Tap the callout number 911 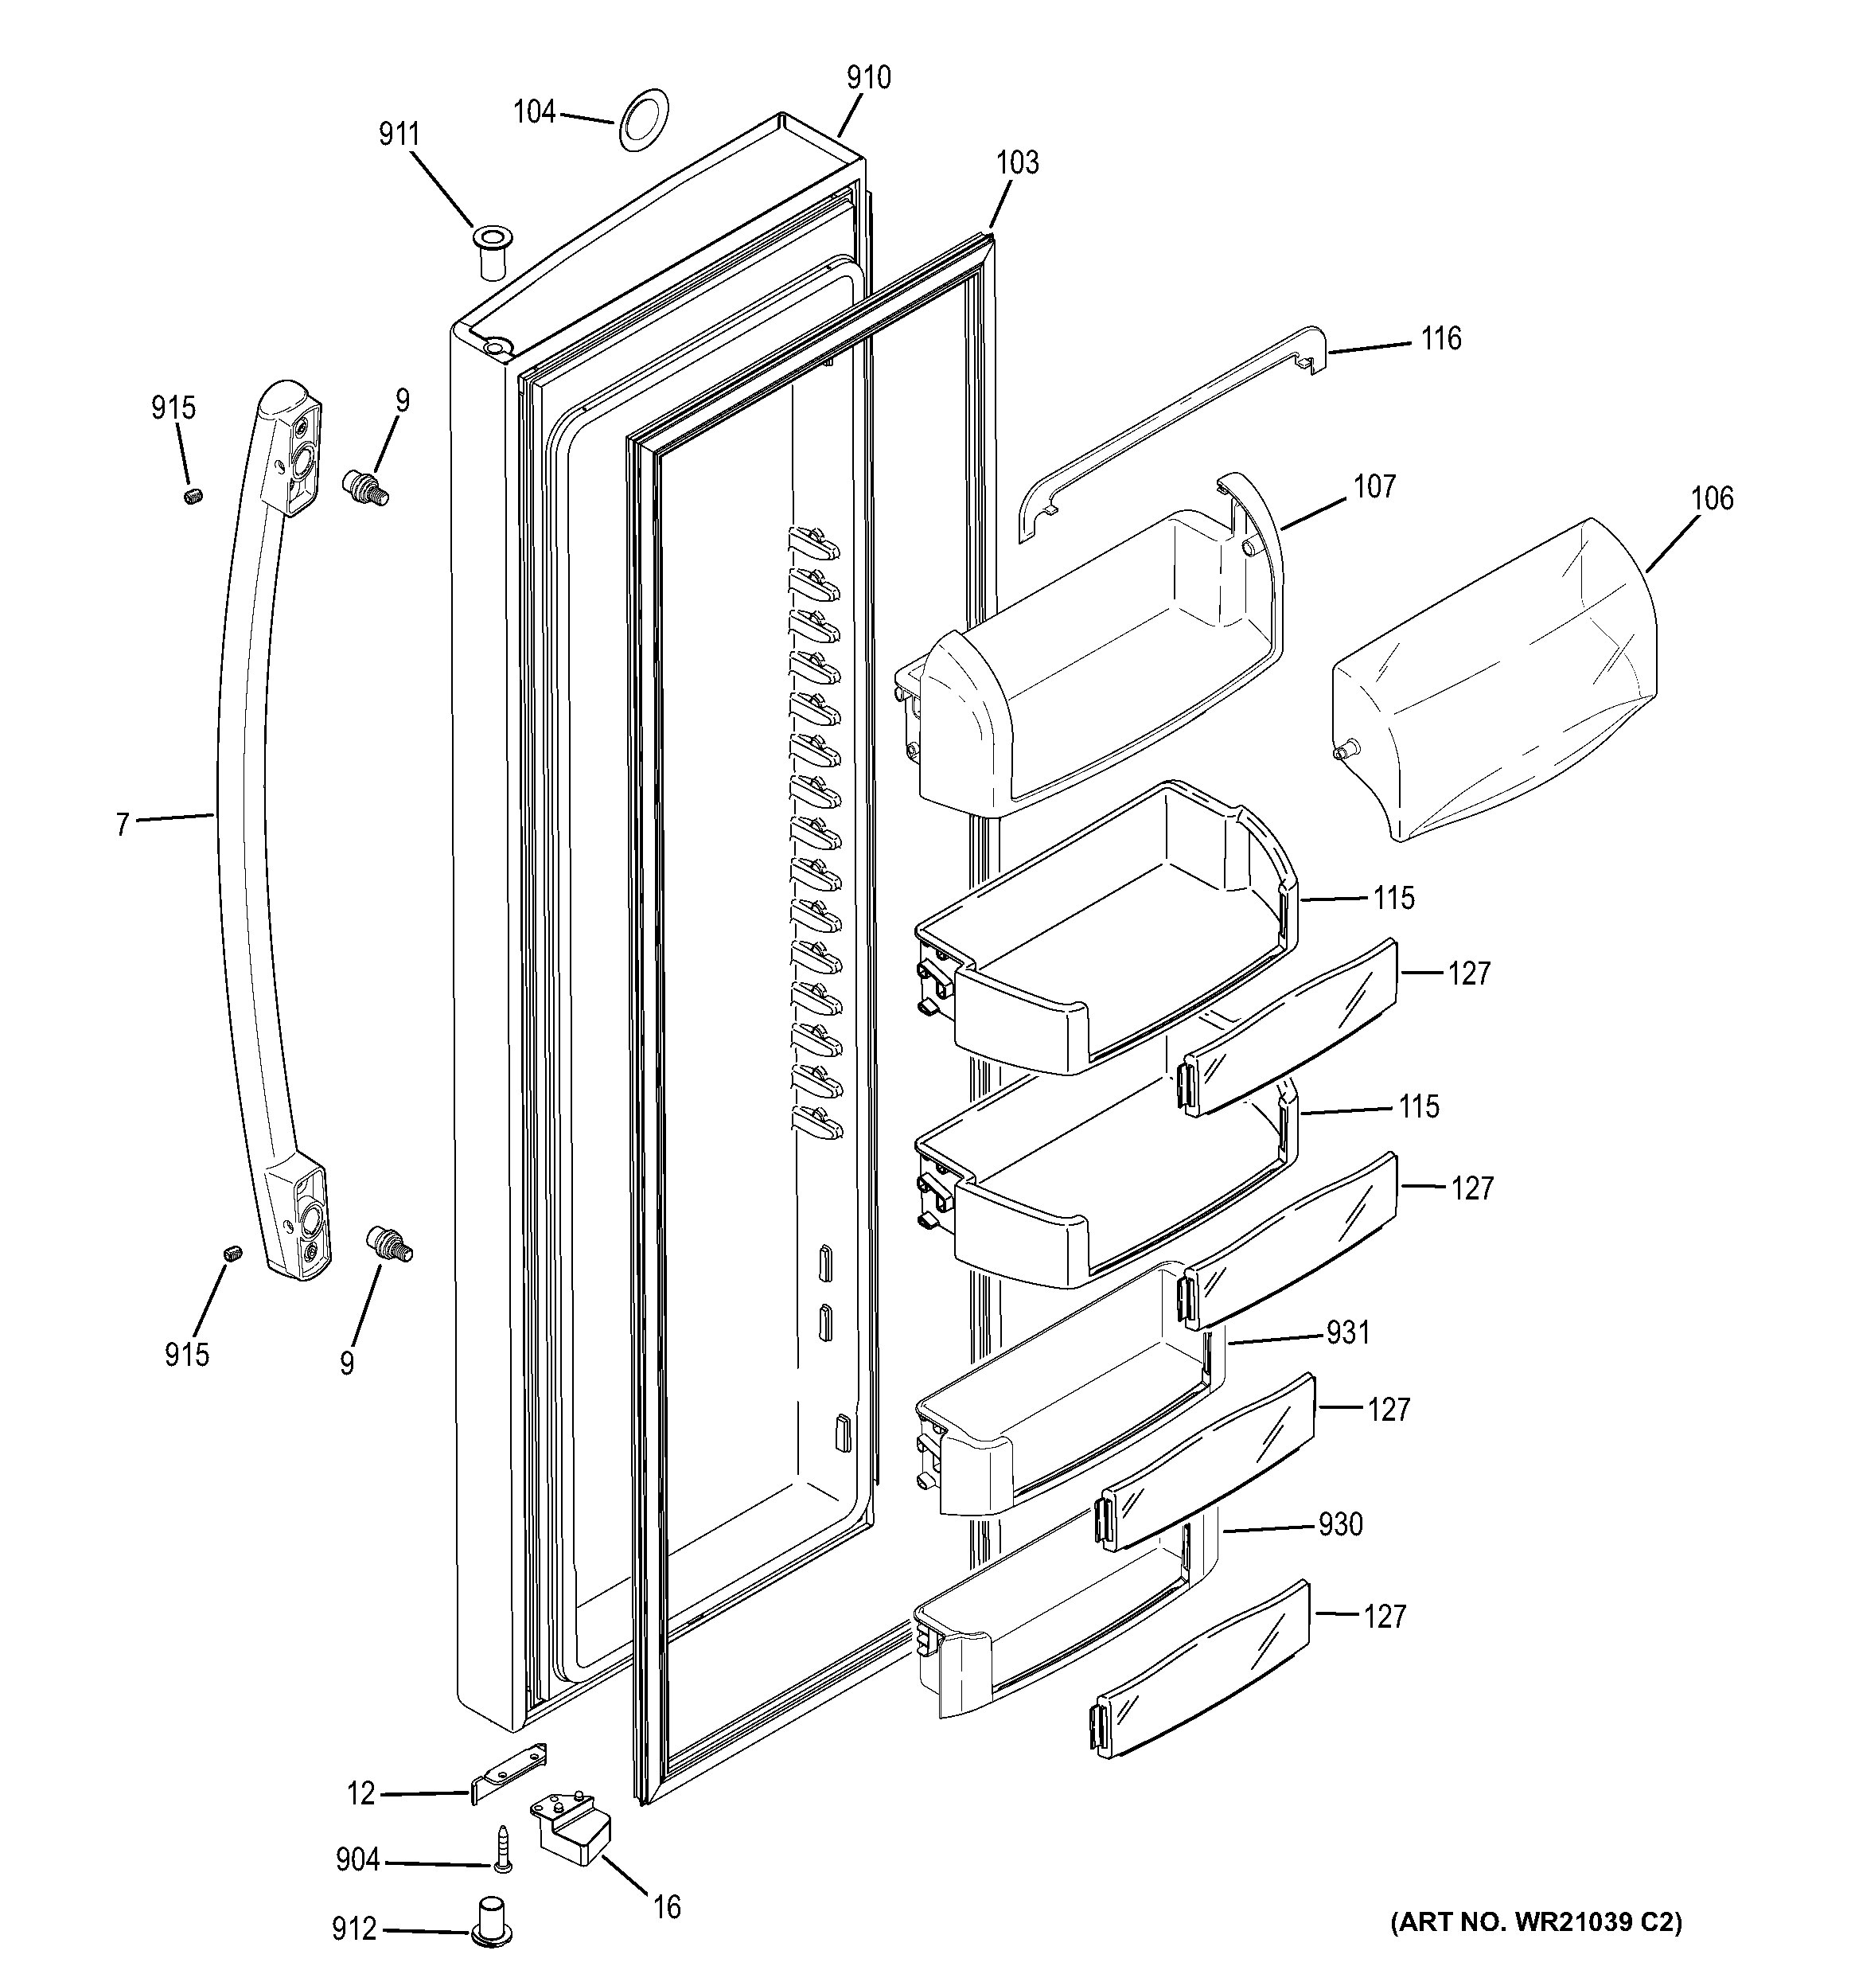[x=399, y=135]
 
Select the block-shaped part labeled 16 [x=573, y=1826]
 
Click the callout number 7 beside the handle [x=123, y=825]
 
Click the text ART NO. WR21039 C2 [x=1537, y=1922]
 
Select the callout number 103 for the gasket [x=1018, y=162]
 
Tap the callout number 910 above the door [x=868, y=77]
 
